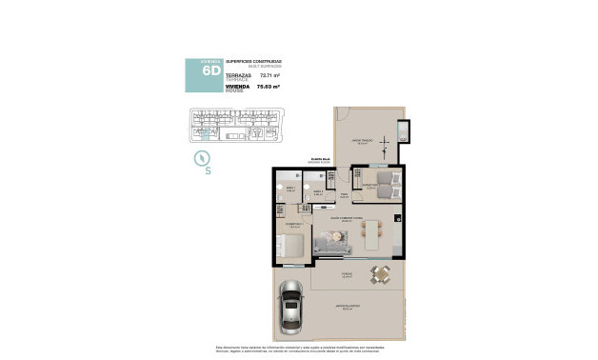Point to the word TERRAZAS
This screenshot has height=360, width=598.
click(237, 72)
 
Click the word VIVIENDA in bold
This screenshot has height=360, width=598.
click(236, 86)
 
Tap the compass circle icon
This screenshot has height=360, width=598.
click(203, 158)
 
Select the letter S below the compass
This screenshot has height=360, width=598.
click(209, 173)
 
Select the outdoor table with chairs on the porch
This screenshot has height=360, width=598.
click(381, 275)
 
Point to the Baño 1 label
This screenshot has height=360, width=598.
click(291, 190)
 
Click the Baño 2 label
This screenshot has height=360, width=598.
click(317, 191)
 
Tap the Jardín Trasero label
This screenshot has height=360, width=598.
click(361, 140)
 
